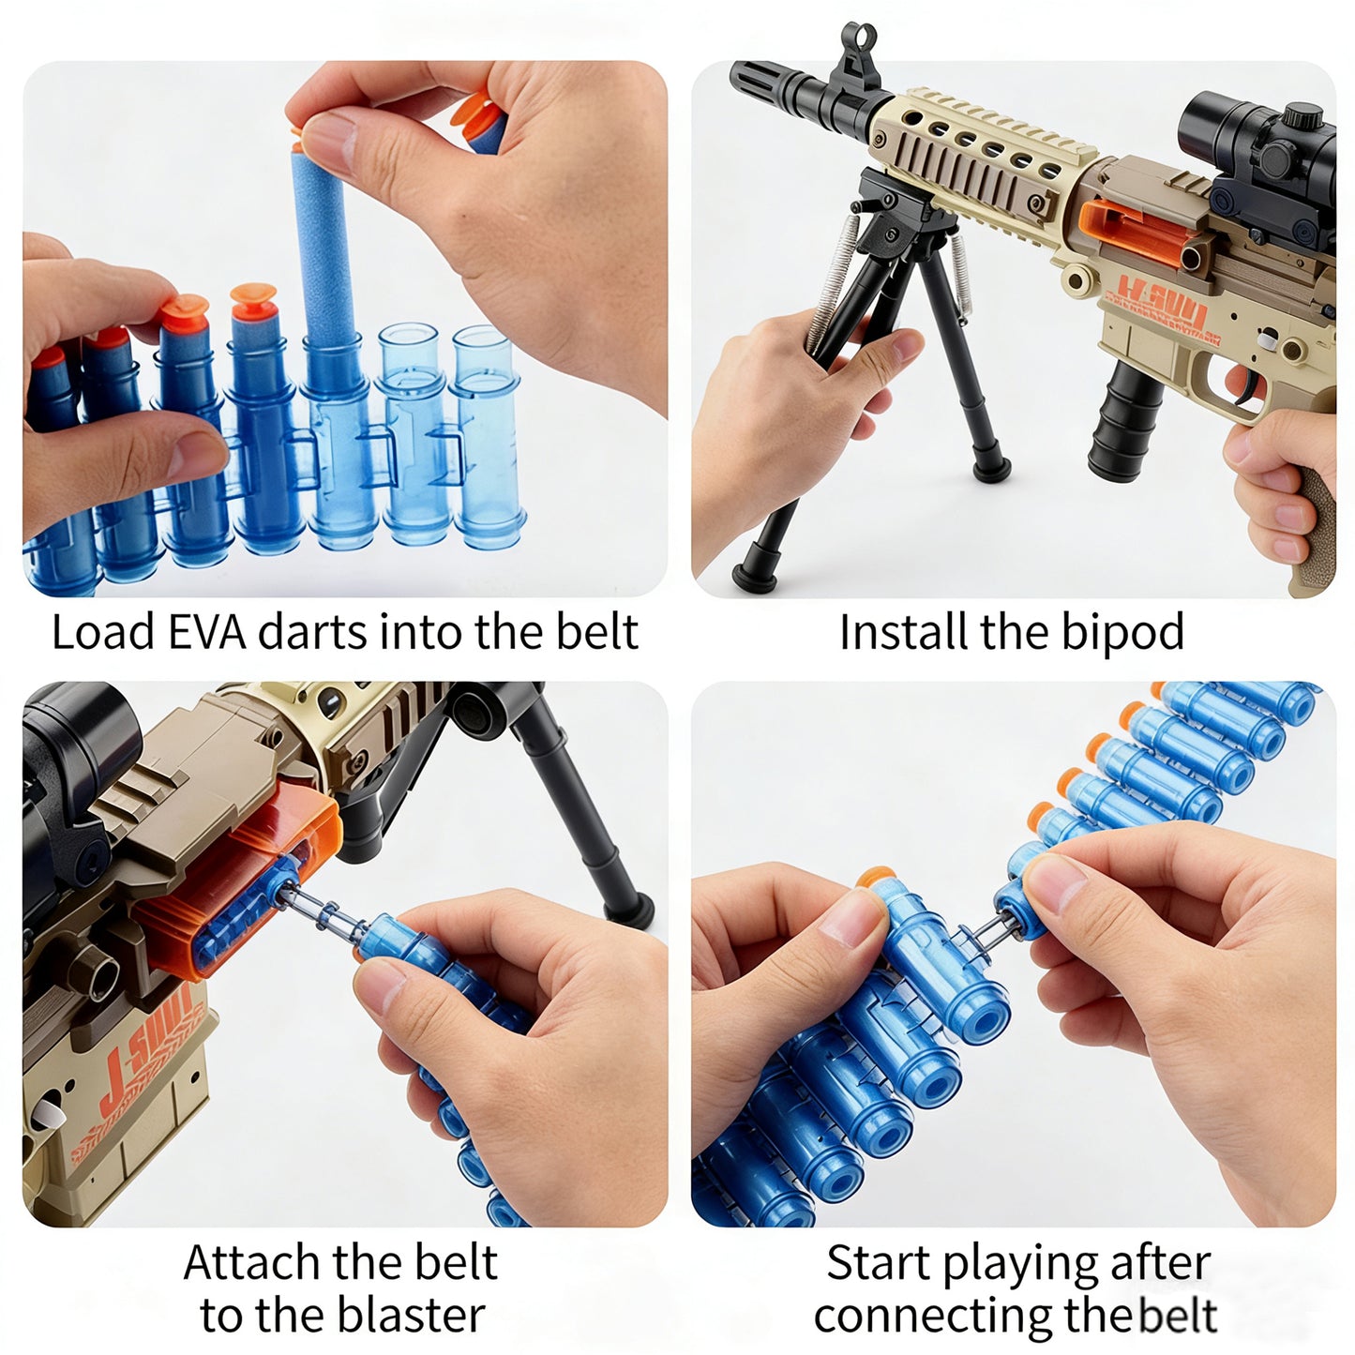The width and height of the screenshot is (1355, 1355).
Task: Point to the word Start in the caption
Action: point(880,1263)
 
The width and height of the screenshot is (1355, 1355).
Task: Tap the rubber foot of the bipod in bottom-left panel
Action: point(630,910)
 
